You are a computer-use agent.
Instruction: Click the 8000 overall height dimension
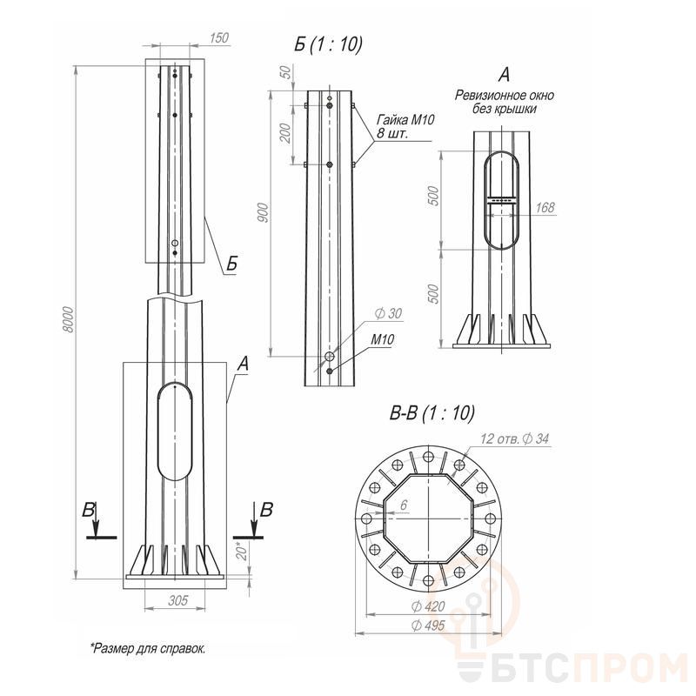click(x=68, y=319)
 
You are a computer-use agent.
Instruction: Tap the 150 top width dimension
click(x=219, y=37)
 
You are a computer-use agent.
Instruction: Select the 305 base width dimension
click(x=177, y=600)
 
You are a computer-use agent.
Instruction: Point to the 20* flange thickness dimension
click(x=242, y=551)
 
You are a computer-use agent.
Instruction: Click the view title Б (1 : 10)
click(x=328, y=44)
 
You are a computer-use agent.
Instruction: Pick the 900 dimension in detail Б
click(x=263, y=212)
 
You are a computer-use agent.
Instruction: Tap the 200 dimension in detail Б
click(x=286, y=133)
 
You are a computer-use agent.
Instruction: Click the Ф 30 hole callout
click(x=388, y=313)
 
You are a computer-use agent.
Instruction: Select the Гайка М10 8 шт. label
click(x=405, y=126)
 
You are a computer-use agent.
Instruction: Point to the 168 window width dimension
click(x=545, y=207)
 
